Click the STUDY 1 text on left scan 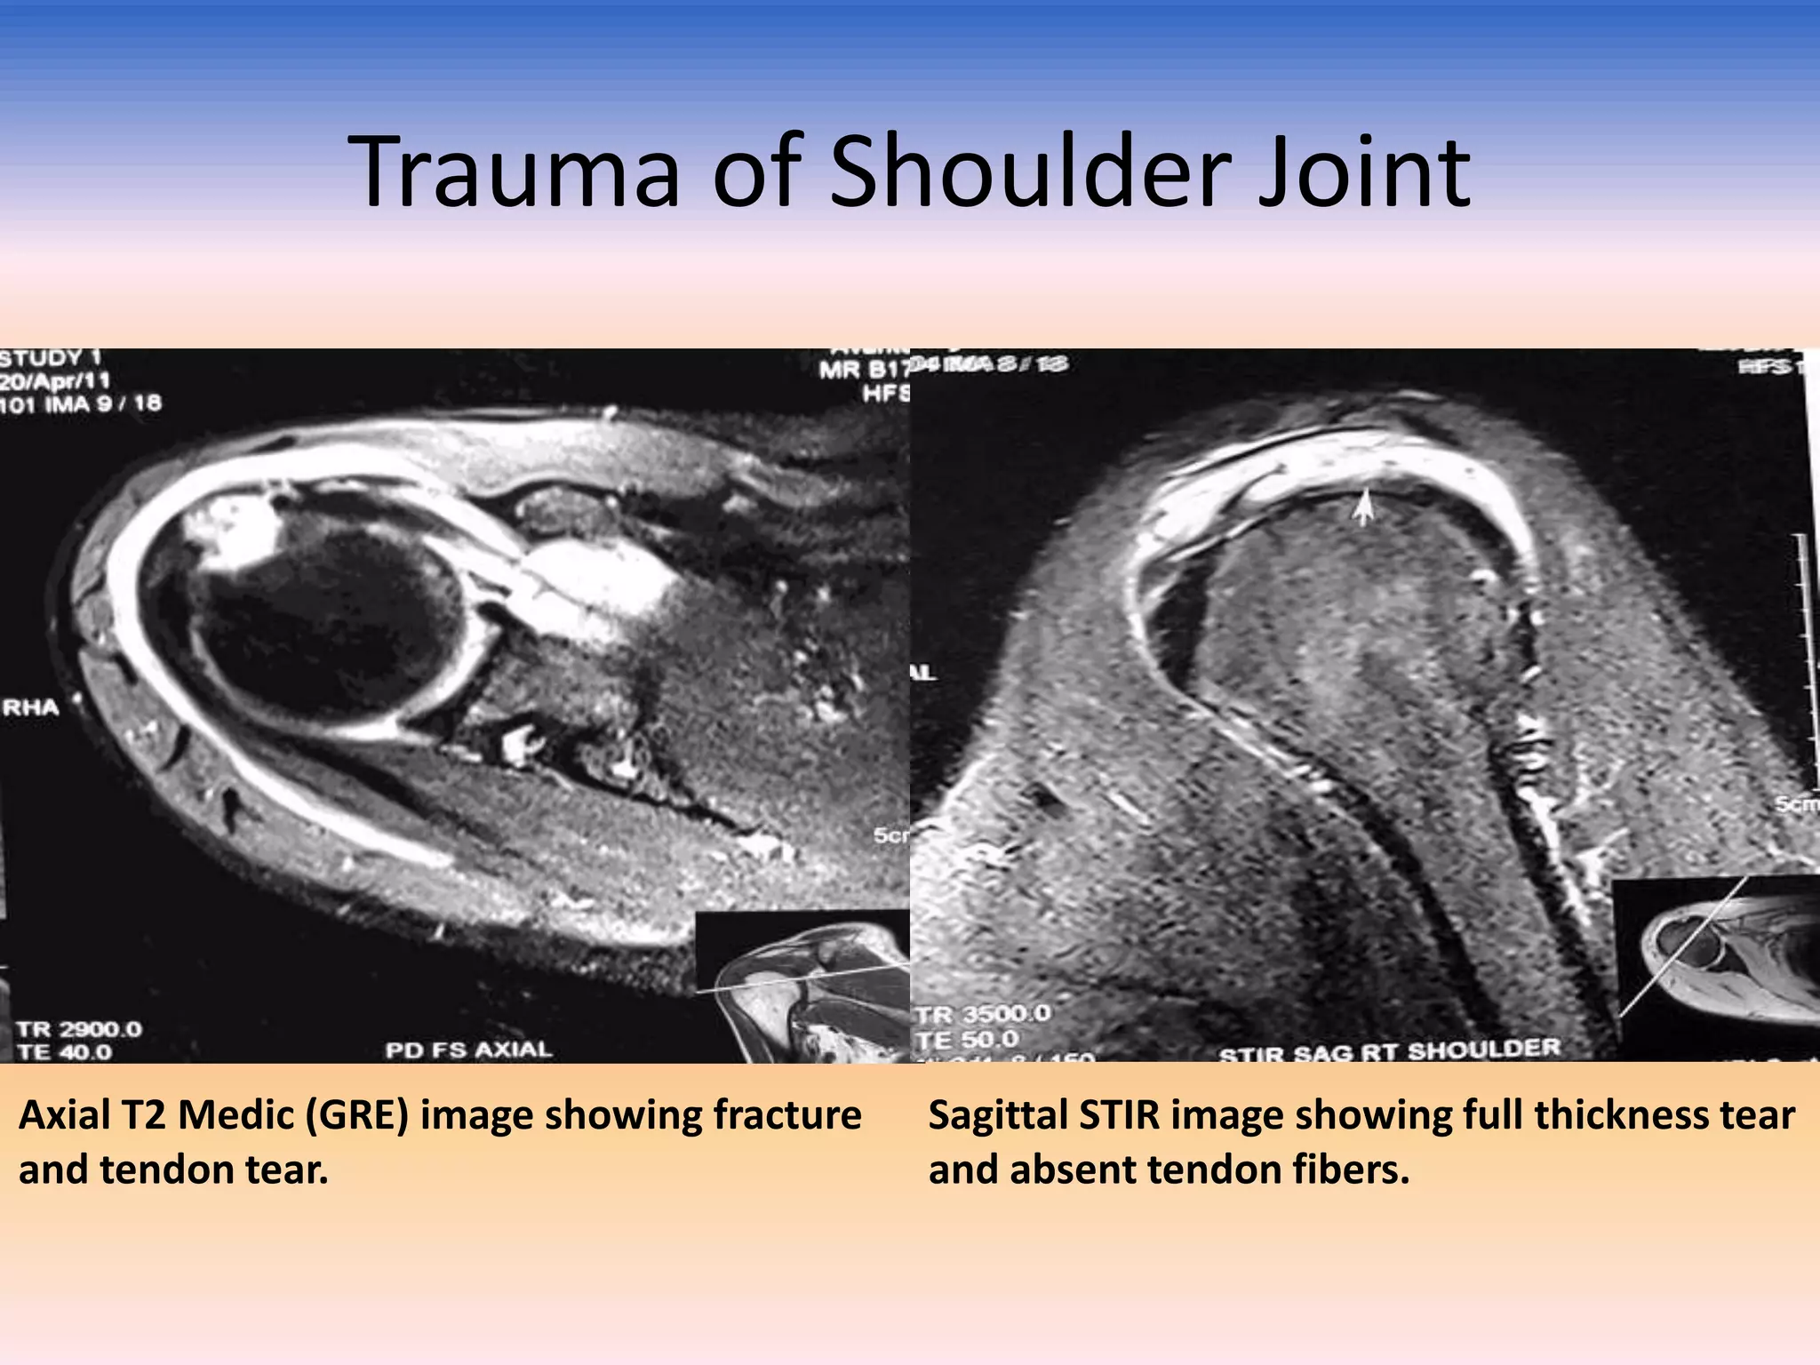point(51,358)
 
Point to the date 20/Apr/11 point(55,380)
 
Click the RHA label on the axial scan point(31,707)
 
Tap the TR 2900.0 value point(78,1029)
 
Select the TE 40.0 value point(64,1052)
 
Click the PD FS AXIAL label point(468,1050)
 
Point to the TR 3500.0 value point(983,1014)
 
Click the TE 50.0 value point(968,1038)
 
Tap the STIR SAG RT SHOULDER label point(1389,1051)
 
